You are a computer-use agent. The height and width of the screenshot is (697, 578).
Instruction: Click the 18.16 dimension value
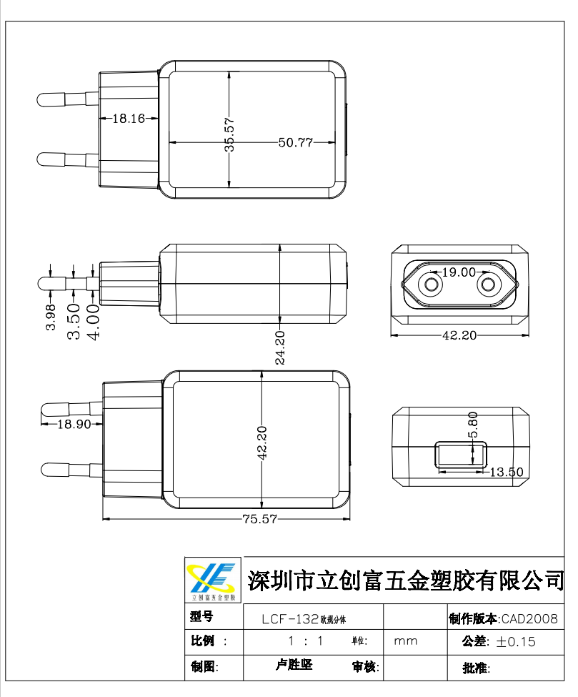tap(129, 119)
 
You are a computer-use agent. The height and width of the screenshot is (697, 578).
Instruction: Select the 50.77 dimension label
tap(296, 142)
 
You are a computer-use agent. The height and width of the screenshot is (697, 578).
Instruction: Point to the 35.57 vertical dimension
tap(229, 135)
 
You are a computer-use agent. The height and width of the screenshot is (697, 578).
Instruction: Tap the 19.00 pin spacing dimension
tap(459, 272)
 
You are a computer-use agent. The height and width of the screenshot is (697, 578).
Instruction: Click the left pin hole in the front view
tap(431, 285)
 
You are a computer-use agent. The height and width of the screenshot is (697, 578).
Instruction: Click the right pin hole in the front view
tap(488, 285)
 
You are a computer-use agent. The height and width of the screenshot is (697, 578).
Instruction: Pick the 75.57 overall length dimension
tap(259, 520)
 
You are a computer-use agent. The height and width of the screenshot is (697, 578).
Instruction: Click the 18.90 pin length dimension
tap(74, 424)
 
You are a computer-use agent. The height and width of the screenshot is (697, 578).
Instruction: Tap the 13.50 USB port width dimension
tap(507, 472)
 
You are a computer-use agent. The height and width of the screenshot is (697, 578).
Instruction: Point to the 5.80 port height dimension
tap(472, 425)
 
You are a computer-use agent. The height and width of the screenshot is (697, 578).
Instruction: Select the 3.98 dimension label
tap(51, 317)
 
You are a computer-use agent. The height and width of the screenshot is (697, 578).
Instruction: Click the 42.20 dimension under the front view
tap(459, 335)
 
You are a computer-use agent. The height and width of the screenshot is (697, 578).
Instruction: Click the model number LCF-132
tap(289, 619)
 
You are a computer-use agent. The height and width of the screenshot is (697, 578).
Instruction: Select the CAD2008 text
tap(529, 619)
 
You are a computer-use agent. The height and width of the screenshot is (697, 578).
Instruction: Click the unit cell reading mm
tap(406, 641)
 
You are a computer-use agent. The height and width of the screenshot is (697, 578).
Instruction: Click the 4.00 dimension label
tap(93, 321)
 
